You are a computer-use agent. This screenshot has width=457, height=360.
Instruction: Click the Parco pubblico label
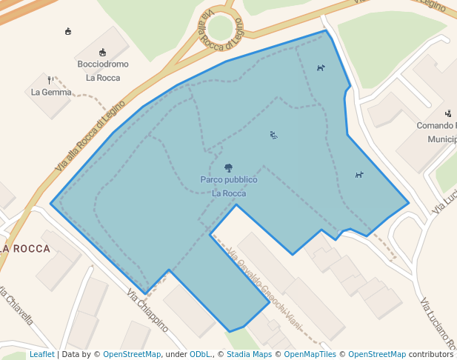point(228,180)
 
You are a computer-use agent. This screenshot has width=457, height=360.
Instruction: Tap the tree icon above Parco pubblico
point(228,168)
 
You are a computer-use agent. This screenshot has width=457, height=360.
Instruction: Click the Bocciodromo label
point(103,64)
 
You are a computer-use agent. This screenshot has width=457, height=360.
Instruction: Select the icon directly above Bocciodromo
point(103,53)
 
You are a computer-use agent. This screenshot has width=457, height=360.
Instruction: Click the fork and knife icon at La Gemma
point(50,79)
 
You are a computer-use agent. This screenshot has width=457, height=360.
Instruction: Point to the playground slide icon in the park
point(273,135)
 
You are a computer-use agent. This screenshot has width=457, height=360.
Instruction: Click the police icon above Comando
point(448,113)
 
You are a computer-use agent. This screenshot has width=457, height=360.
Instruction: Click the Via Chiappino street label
point(147,310)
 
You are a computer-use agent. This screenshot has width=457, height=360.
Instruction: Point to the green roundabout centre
point(220,28)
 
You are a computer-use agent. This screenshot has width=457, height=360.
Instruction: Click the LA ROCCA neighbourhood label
point(25,249)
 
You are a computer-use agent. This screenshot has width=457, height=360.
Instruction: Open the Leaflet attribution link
point(42,355)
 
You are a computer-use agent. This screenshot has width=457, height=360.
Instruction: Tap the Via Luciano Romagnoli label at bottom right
point(437,326)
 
